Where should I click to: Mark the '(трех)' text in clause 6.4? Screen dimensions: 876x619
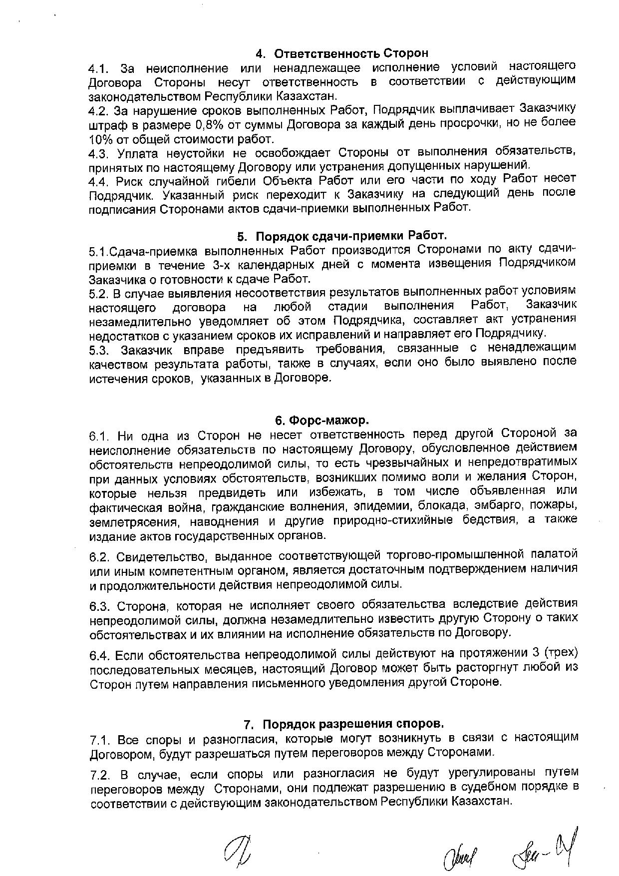(561, 653)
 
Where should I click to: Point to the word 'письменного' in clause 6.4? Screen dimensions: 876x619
(298, 682)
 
